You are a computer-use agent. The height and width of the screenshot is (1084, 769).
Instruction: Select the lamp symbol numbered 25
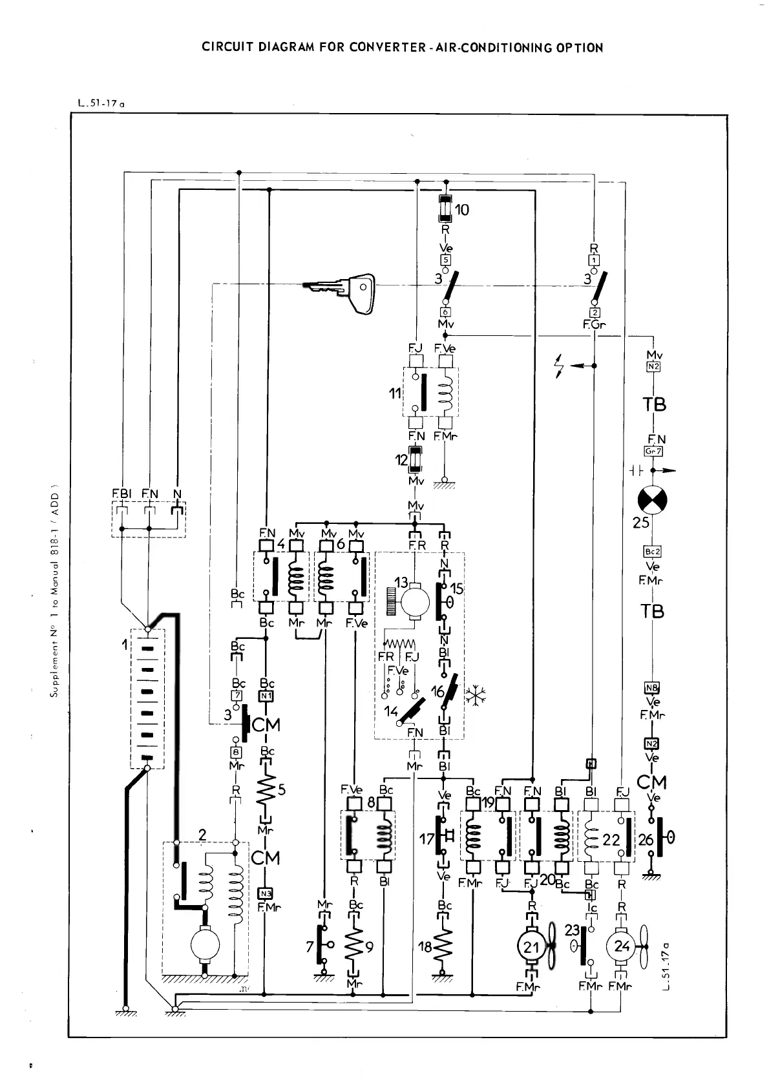653,500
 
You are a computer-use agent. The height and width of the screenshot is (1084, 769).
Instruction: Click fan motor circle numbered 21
531,948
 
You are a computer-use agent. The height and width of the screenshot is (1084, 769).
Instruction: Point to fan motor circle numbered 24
622,947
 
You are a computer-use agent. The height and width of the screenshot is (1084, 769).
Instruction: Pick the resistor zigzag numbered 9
354,948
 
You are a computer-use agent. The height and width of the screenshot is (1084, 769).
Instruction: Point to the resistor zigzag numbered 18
445,948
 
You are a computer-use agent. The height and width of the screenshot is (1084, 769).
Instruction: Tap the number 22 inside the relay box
611,840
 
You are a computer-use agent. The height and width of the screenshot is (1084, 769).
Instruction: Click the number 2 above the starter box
202,835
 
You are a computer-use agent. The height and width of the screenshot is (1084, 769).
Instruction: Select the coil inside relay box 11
445,394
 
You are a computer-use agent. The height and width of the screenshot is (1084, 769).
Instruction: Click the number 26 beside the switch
646,840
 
